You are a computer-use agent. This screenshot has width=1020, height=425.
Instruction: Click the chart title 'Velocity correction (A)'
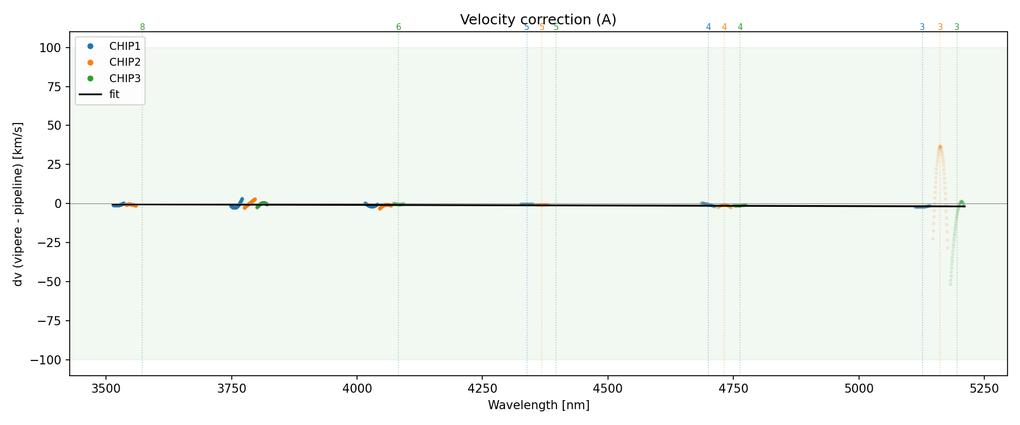pos(538,20)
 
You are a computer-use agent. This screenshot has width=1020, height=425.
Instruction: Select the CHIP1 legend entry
pos(125,46)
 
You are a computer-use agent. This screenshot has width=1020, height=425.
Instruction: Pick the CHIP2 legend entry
pos(125,62)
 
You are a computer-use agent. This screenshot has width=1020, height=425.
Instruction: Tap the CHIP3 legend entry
pos(125,78)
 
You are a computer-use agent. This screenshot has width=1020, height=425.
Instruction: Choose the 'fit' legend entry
pos(114,95)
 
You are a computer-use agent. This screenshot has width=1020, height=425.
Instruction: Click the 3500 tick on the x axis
pos(106,389)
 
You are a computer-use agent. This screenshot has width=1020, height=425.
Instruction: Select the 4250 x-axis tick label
pos(482,389)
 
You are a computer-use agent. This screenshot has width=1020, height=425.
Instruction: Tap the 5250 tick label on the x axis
pos(984,389)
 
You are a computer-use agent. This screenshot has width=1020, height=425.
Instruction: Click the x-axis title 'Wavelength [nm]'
pos(538,406)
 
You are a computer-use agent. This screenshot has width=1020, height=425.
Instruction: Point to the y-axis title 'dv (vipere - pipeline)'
pos(18,204)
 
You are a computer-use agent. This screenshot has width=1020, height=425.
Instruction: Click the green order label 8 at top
pos(142,27)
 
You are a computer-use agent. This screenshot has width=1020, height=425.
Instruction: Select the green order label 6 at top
pos(398,27)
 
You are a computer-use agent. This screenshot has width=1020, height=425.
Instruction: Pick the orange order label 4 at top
pos(724,27)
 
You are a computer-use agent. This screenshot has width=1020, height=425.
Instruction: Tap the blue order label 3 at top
pos(922,27)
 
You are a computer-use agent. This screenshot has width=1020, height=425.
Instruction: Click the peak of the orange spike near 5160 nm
pos(940,146)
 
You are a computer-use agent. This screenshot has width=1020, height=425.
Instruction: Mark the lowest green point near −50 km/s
pos(950,283)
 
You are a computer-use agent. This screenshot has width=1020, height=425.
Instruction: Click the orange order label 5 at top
pos(542,27)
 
